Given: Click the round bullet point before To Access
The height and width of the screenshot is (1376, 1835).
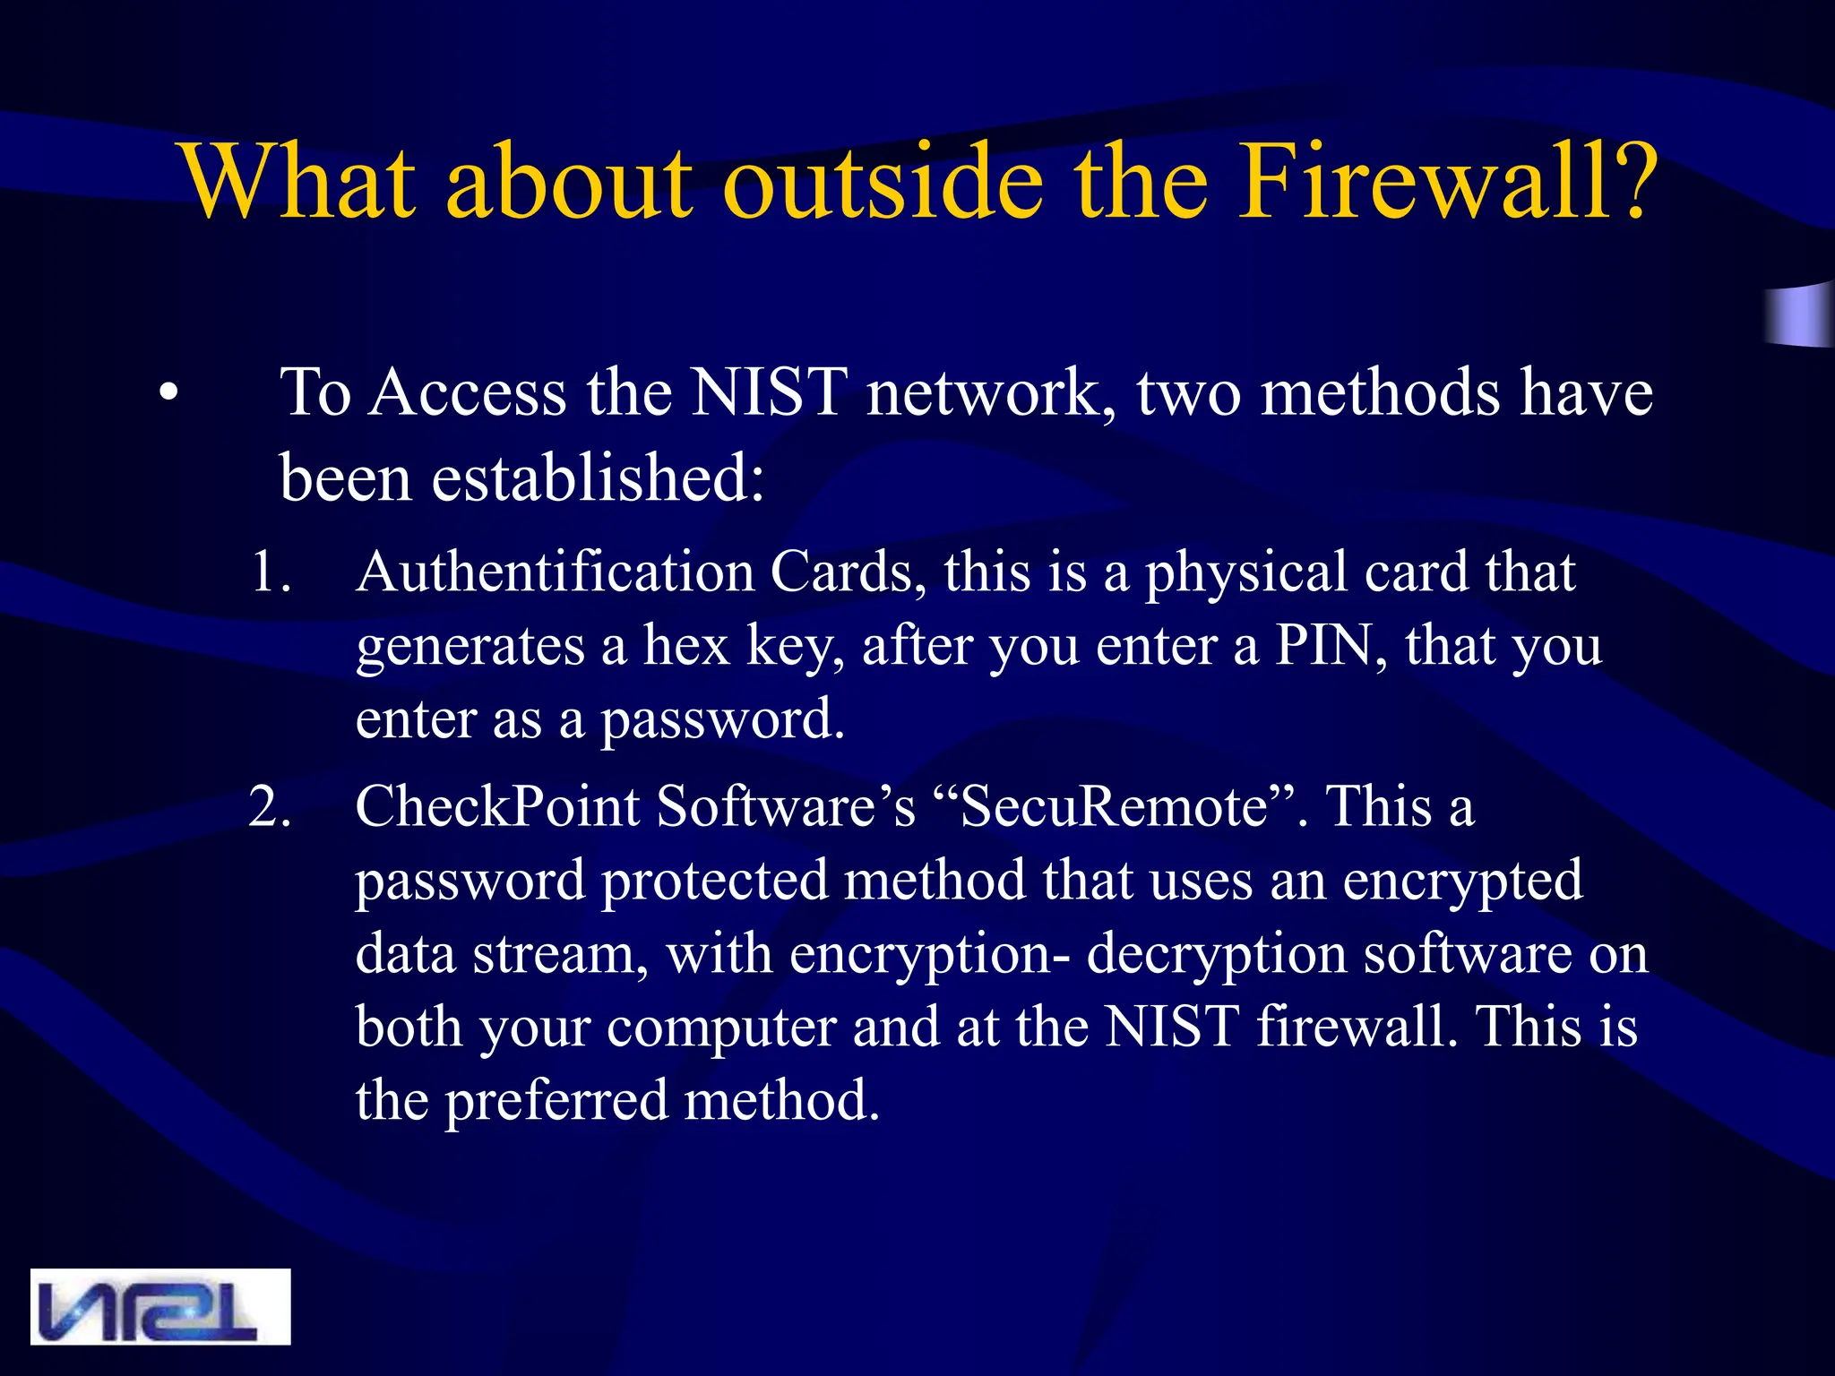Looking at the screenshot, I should pyautogui.click(x=168, y=393).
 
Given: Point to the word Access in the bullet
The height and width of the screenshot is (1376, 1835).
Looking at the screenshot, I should pyautogui.click(x=468, y=393).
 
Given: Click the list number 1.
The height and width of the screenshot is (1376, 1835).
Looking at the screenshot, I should pyautogui.click(x=269, y=572).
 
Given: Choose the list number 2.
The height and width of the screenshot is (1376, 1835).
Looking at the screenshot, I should pyautogui.click(x=269, y=806).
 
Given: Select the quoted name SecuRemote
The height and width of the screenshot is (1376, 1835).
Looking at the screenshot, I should pyautogui.click(x=1114, y=806).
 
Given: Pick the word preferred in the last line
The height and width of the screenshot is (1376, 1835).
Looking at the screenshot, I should pyautogui.click(x=556, y=1100).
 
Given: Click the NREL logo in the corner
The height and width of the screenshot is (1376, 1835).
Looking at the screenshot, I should pyautogui.click(x=160, y=1306).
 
